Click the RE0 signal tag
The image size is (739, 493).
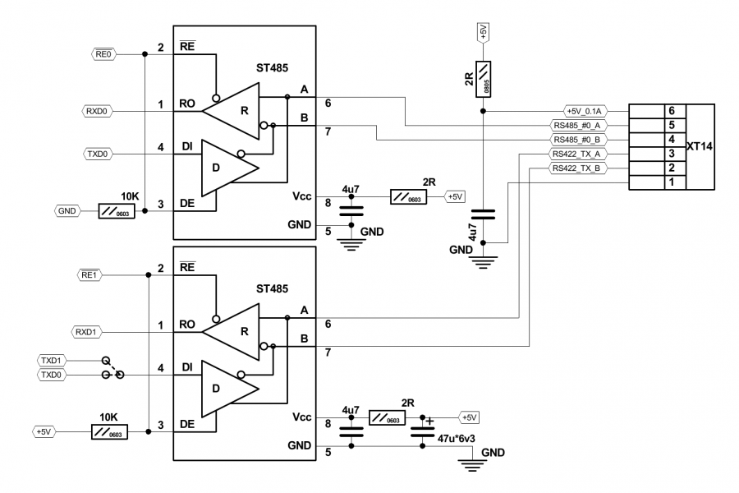(x=103, y=53)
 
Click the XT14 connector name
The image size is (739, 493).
(x=700, y=146)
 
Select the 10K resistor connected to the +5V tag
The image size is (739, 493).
(x=109, y=431)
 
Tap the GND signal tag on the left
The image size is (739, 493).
(x=67, y=211)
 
